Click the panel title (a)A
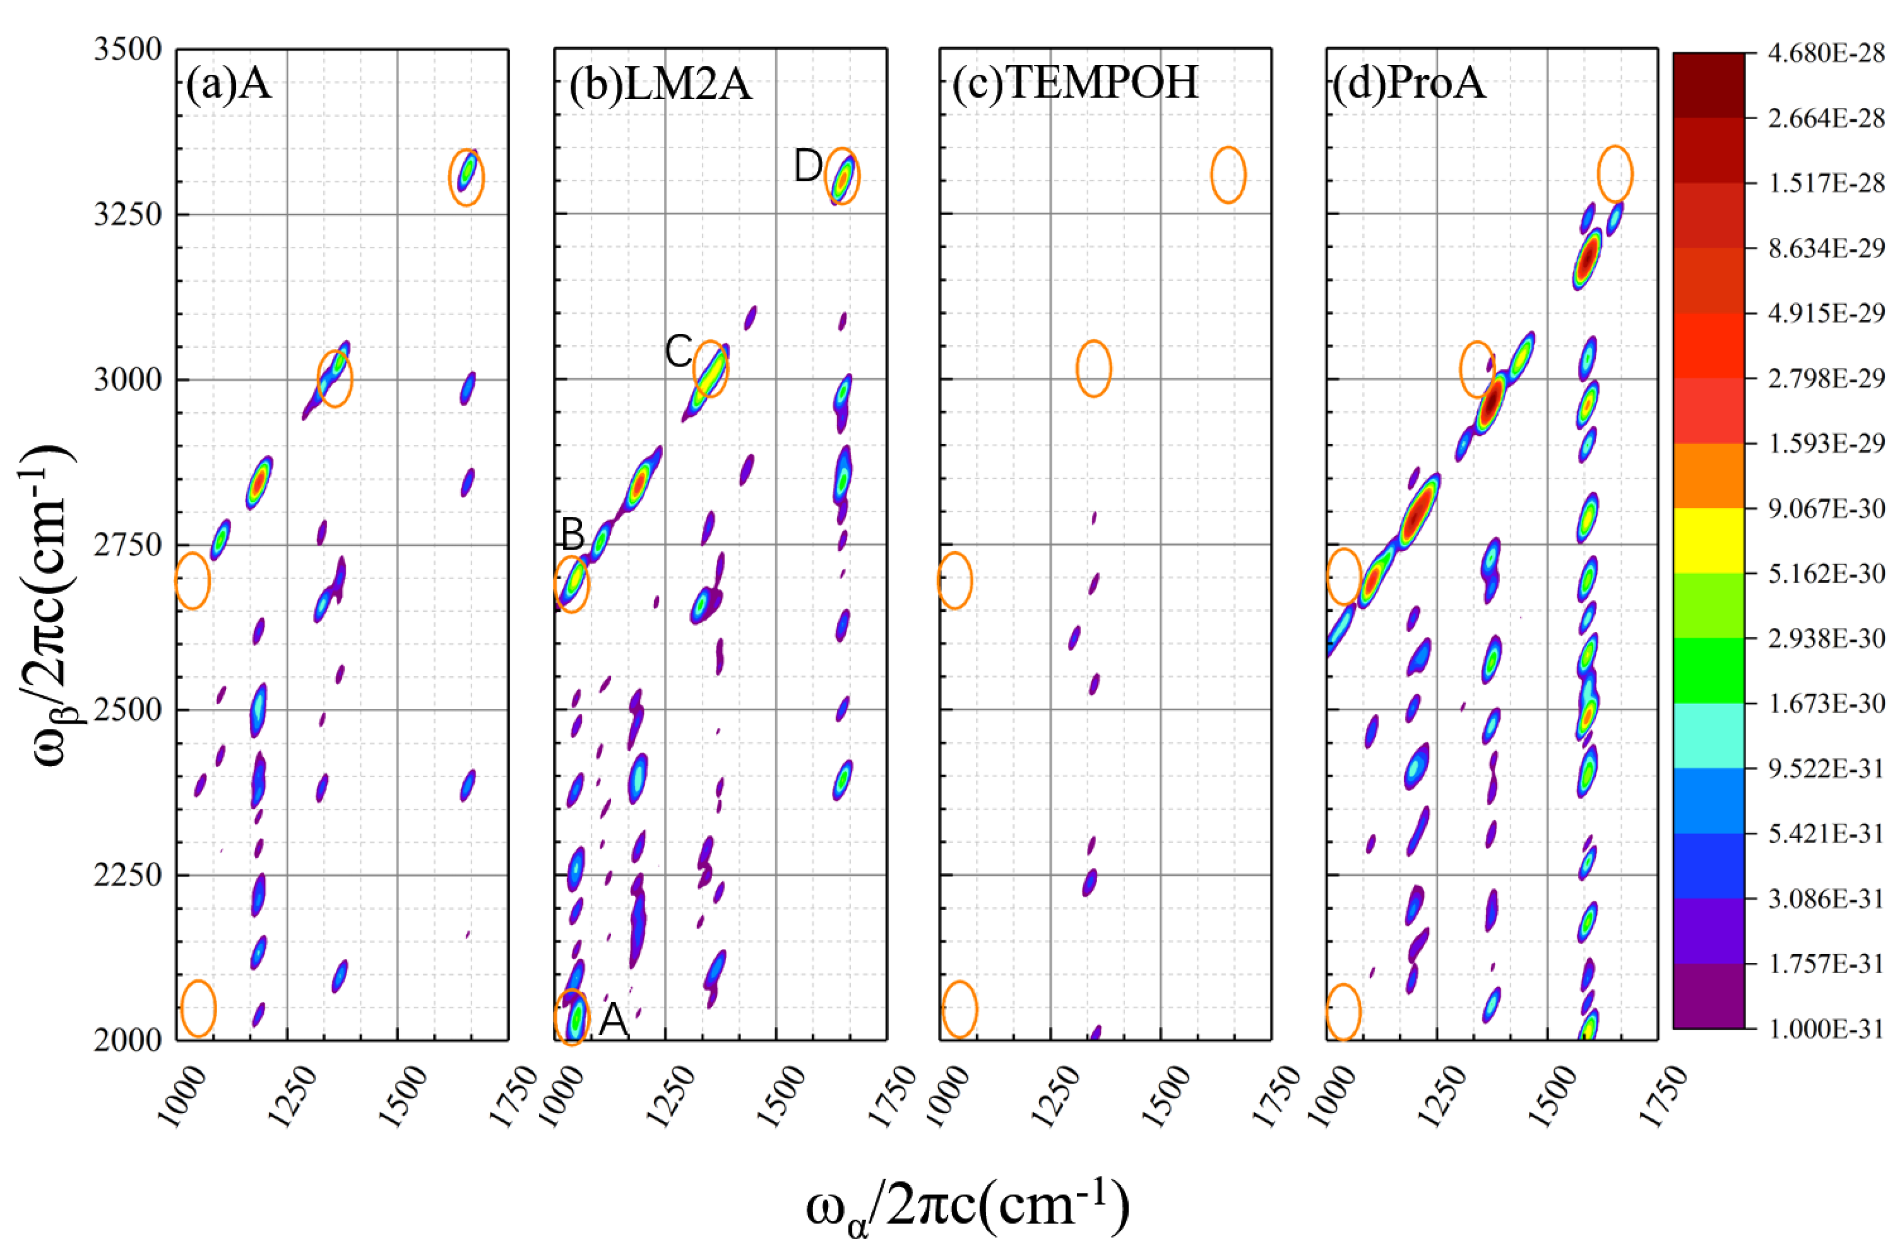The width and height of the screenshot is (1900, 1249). pyautogui.click(x=229, y=83)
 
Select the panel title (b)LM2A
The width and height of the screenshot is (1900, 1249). pyautogui.click(x=660, y=83)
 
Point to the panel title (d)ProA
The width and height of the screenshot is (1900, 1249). pyautogui.click(x=1409, y=82)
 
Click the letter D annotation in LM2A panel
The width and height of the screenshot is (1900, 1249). pyautogui.click(x=807, y=167)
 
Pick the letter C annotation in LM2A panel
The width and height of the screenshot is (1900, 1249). pyautogui.click(x=678, y=352)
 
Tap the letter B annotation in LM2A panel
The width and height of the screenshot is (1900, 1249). pyautogui.click(x=572, y=534)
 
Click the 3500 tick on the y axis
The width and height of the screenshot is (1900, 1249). pyautogui.click(x=127, y=49)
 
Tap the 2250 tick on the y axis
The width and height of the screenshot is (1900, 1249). pyautogui.click(x=127, y=875)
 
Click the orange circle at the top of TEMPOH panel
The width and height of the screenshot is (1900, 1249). pyautogui.click(x=1228, y=175)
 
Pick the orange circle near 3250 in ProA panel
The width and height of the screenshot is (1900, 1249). pyautogui.click(x=1615, y=174)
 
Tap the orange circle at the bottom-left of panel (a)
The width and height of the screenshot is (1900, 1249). pyautogui.click(x=198, y=1008)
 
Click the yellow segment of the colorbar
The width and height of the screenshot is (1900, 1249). pyautogui.click(x=1708, y=541)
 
